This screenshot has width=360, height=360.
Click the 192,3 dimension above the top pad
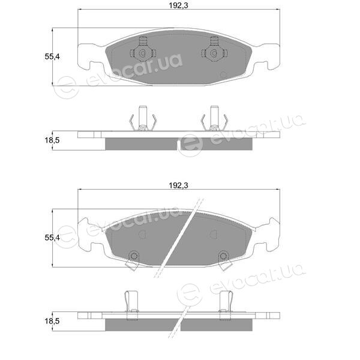[178, 5]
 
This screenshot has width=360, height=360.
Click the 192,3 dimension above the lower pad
[178, 185]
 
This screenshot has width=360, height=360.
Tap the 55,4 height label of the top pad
[52, 56]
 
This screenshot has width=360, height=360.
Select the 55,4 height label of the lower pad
[52, 238]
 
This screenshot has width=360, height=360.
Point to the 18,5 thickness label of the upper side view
[52, 140]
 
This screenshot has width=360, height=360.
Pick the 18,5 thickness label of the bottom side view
[52, 321]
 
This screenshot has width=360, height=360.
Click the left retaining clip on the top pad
[143, 50]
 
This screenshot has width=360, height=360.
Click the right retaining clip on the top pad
[214, 50]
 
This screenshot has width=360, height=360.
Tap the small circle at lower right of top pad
[223, 74]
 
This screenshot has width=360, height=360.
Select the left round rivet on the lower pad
[134, 256]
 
